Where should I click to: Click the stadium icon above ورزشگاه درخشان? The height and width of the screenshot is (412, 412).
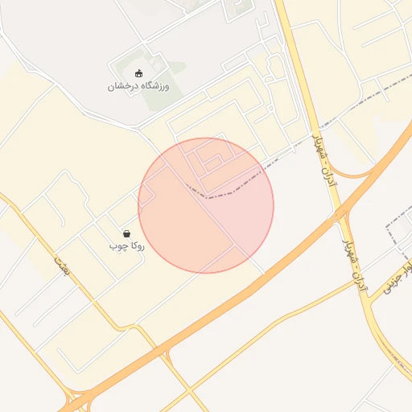pos(139,74)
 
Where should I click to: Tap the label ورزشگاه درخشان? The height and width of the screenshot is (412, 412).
pos(139,86)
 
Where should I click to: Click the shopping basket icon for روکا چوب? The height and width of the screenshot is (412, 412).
pos(126,233)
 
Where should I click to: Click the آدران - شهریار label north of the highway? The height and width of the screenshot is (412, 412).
pos(325,158)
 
